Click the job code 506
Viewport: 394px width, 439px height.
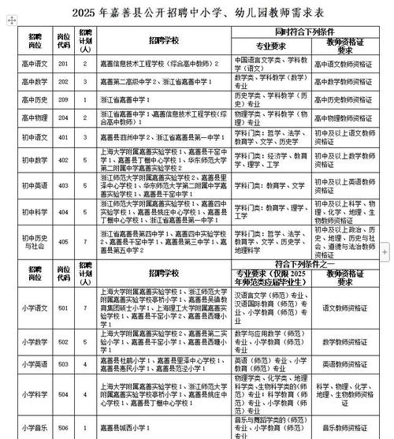(65, 426)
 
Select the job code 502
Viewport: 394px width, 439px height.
(65, 341)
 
